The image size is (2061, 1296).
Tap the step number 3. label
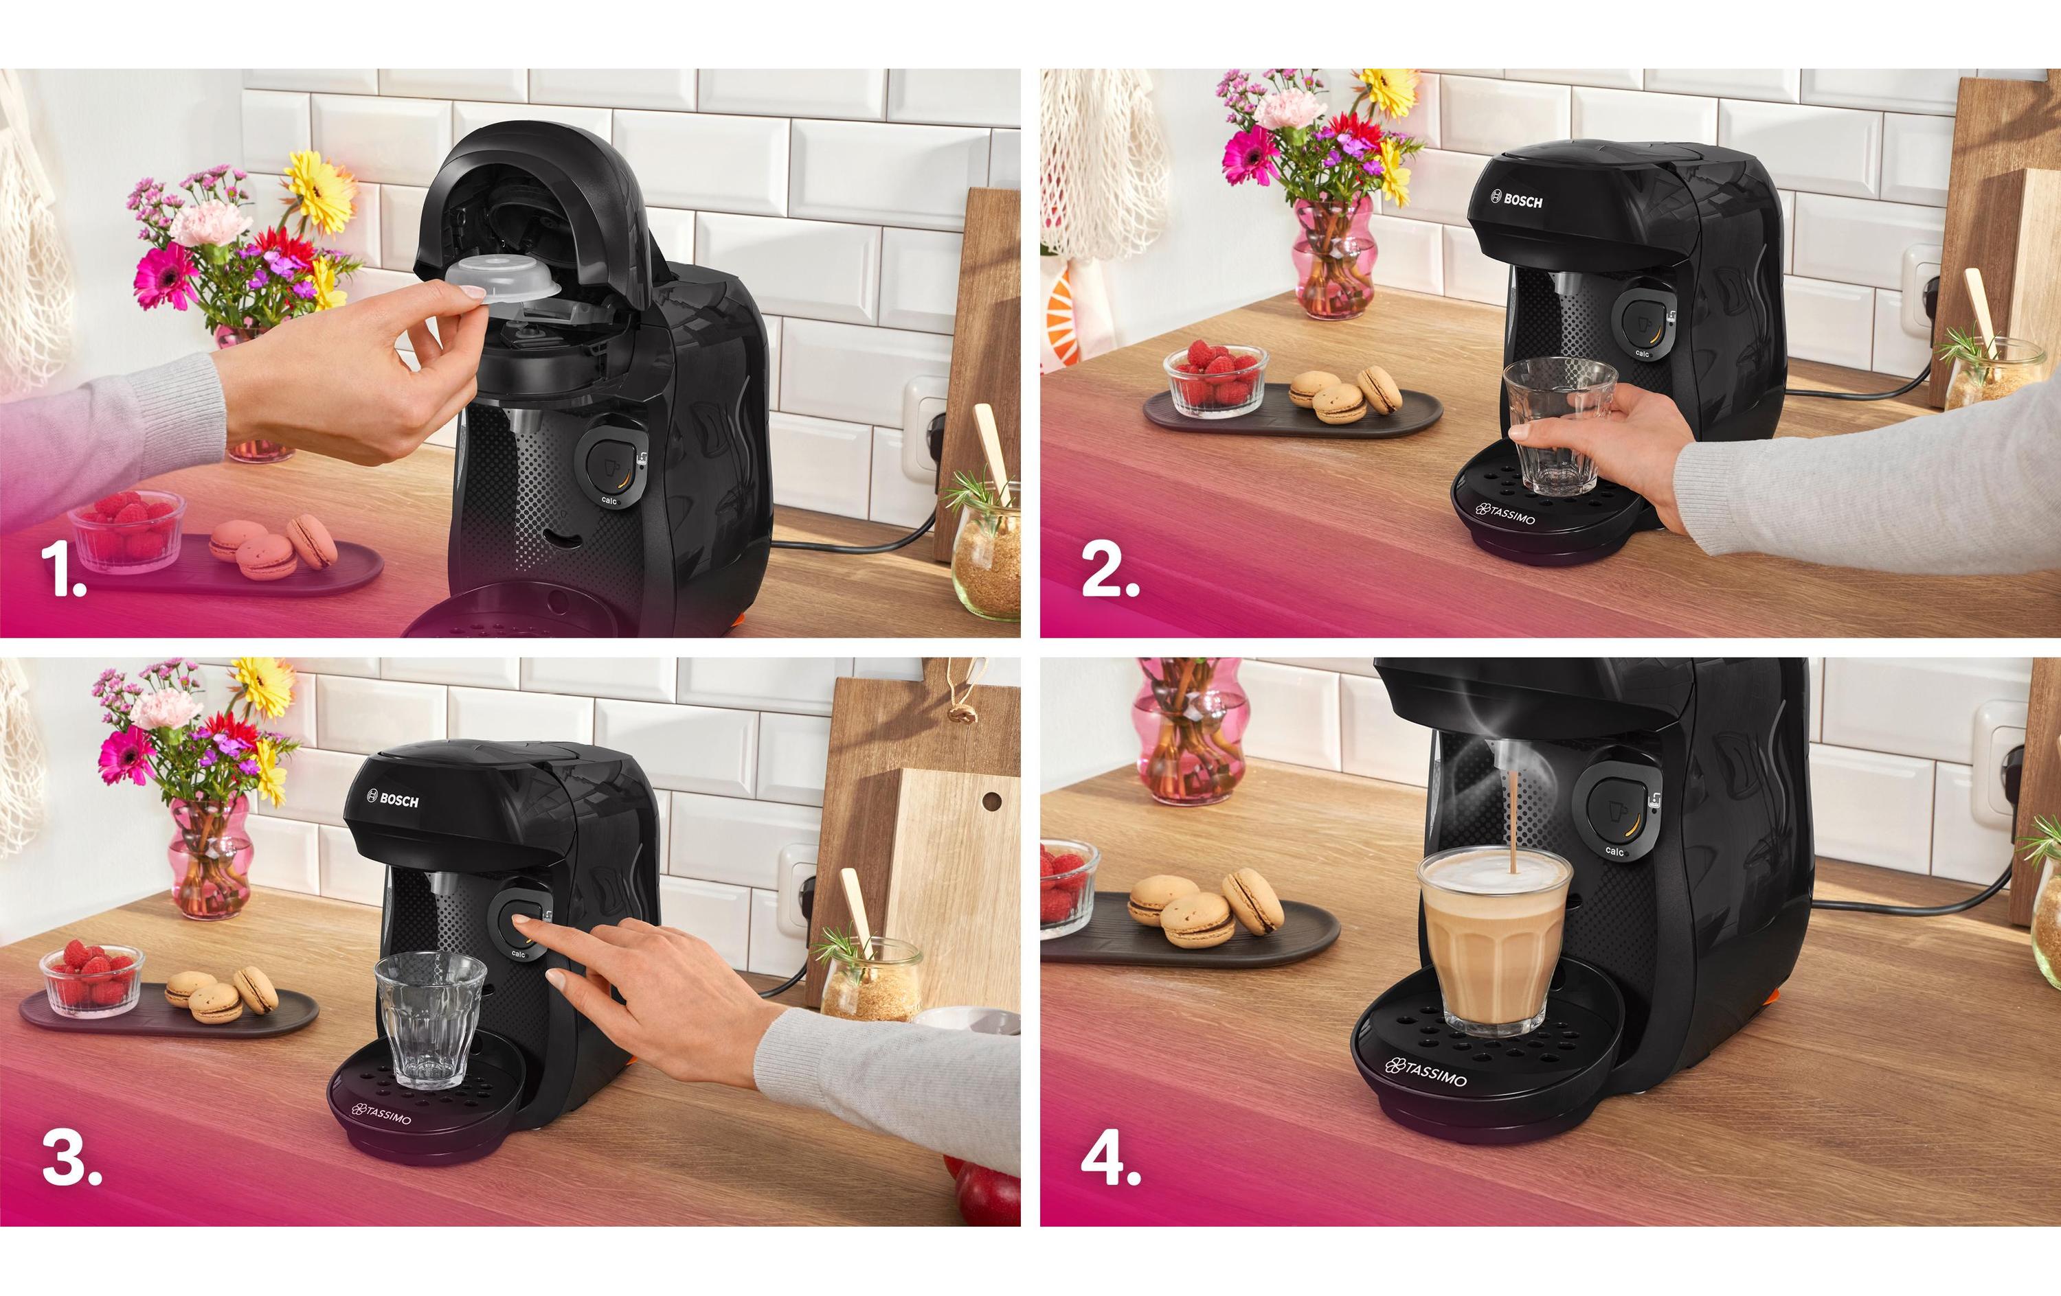click(x=71, y=1159)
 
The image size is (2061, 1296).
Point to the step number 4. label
click(x=1110, y=1159)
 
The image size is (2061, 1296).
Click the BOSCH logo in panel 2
click(x=1517, y=200)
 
